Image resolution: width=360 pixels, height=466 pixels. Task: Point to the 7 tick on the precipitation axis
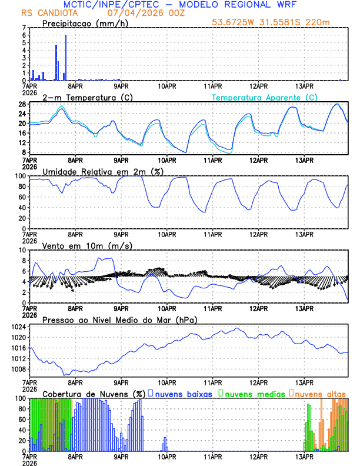[x=24, y=28]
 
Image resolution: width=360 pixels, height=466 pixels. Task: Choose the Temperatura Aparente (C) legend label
[x=265, y=97]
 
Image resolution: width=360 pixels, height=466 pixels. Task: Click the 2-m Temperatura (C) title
[x=89, y=97]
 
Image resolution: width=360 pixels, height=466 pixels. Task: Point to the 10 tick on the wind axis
[x=22, y=250]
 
